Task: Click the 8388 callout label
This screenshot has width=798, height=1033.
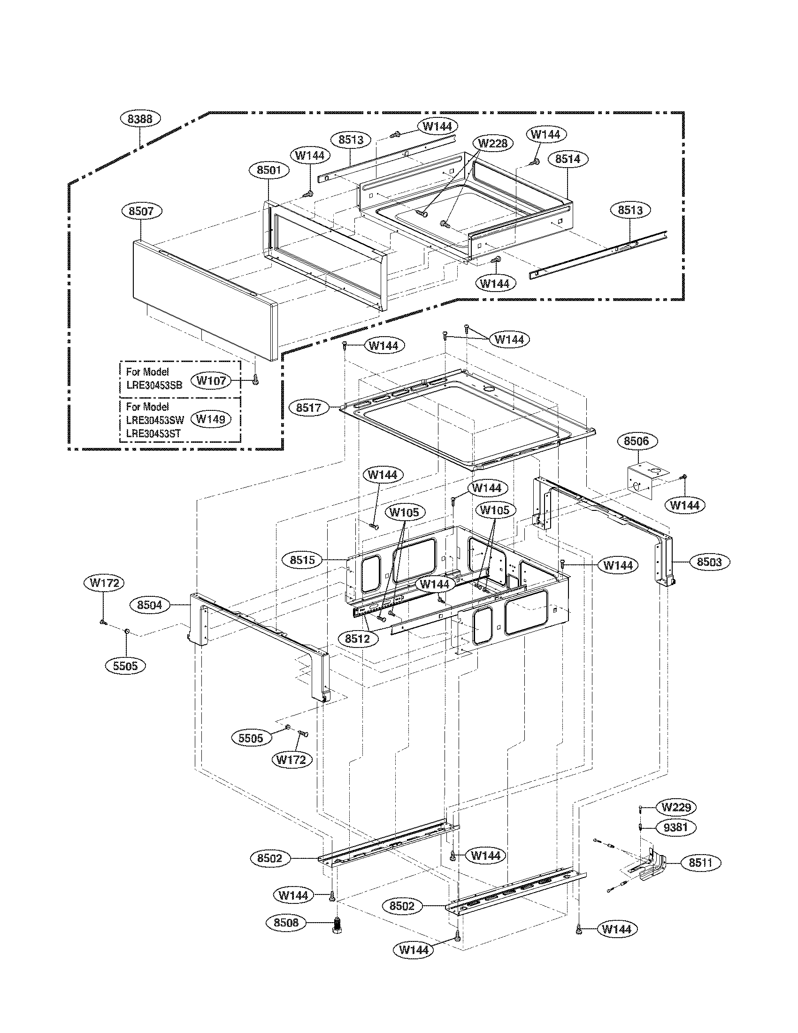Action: coord(140,118)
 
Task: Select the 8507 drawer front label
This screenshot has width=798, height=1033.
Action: coord(141,211)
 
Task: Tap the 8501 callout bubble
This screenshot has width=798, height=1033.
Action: coord(269,170)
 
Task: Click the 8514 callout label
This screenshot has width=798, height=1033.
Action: coord(568,159)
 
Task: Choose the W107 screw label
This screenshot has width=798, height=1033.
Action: coord(211,380)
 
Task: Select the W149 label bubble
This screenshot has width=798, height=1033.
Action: coord(211,418)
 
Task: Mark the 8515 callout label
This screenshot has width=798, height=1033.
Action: coord(302,560)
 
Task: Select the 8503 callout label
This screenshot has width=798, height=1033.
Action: coord(709,562)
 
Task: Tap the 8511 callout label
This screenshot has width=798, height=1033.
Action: coord(700,863)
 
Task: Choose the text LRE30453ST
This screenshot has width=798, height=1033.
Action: coord(153,433)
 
